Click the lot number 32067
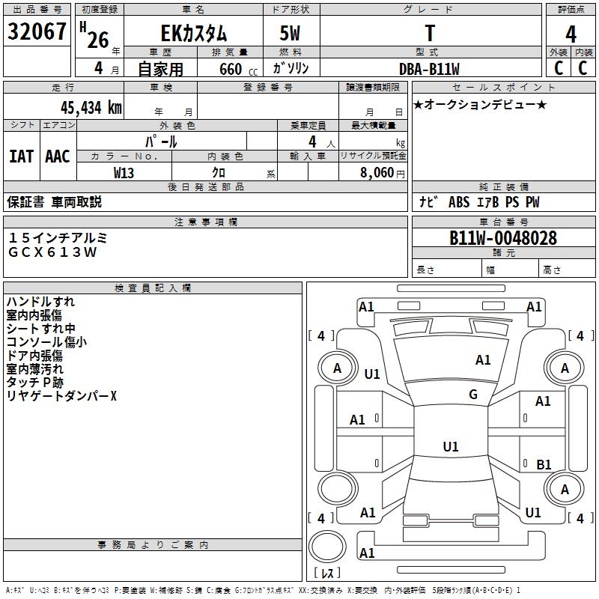coord(37,32)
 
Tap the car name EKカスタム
coord(194,34)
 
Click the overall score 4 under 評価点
coord(571,34)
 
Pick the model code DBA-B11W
coord(429,69)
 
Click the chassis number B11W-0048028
coord(502,238)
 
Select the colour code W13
coord(124,172)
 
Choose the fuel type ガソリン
coord(291,69)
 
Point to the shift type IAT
coord(22,156)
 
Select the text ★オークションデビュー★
coord(480,105)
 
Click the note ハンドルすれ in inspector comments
coord(40,302)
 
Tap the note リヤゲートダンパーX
coord(61,396)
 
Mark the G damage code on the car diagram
coord(473,395)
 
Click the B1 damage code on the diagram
coord(544,465)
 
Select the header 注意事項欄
coord(206,222)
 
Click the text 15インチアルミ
coord(58,237)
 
